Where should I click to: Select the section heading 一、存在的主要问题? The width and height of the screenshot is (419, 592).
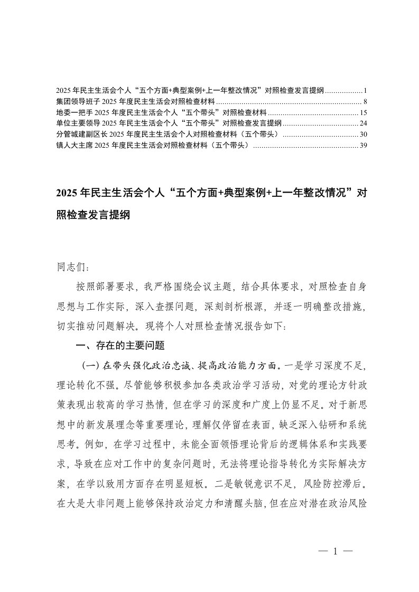click(x=121, y=346)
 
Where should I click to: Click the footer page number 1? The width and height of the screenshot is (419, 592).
click(x=336, y=551)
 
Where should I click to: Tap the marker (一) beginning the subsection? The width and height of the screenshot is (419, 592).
click(x=88, y=365)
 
